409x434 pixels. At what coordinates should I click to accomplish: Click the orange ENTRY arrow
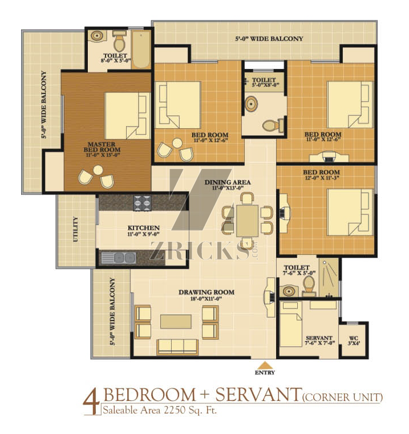tap(265, 365)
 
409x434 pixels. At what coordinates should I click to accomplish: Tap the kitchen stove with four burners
tap(143, 203)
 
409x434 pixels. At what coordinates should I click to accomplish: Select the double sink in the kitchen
tap(118, 258)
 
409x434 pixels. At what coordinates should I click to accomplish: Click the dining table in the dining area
tap(248, 221)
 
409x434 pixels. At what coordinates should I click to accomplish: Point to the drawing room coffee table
tap(176, 321)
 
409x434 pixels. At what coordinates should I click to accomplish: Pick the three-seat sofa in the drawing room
tap(177, 347)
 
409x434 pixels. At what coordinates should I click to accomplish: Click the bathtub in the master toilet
tap(141, 50)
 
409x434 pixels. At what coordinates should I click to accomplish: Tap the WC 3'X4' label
tap(354, 340)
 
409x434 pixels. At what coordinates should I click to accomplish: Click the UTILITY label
tap(75, 229)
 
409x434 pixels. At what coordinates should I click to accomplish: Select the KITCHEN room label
tap(143, 228)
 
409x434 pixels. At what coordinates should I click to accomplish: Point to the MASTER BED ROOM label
tap(102, 147)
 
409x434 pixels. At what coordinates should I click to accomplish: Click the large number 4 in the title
tap(91, 404)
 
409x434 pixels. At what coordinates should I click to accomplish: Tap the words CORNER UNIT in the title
tap(342, 398)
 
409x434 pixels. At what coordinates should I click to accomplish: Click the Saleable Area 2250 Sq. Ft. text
tap(160, 410)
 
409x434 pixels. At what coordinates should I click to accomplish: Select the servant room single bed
tap(291, 324)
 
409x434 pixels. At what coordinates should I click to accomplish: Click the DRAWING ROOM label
tap(206, 293)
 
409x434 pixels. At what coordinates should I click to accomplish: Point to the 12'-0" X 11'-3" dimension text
tap(322, 178)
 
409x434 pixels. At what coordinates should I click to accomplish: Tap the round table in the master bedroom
tap(98, 170)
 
